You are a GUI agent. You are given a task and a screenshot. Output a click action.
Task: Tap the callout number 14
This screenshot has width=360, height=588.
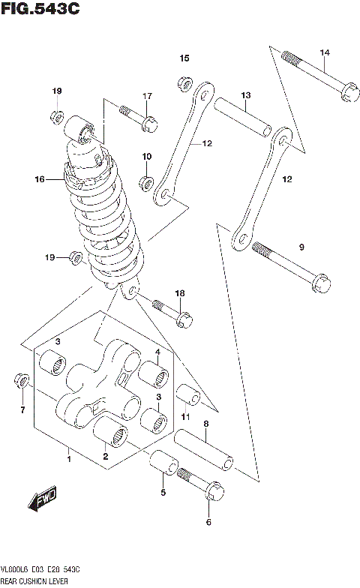(324, 52)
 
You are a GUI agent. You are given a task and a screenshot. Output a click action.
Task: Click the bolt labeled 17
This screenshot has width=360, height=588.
(138, 117)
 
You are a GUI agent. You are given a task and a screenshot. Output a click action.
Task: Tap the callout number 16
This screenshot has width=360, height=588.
(40, 179)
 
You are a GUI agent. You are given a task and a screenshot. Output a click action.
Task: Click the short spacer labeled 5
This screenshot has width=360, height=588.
(163, 464)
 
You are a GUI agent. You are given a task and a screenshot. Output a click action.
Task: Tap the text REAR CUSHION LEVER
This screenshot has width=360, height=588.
(34, 580)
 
